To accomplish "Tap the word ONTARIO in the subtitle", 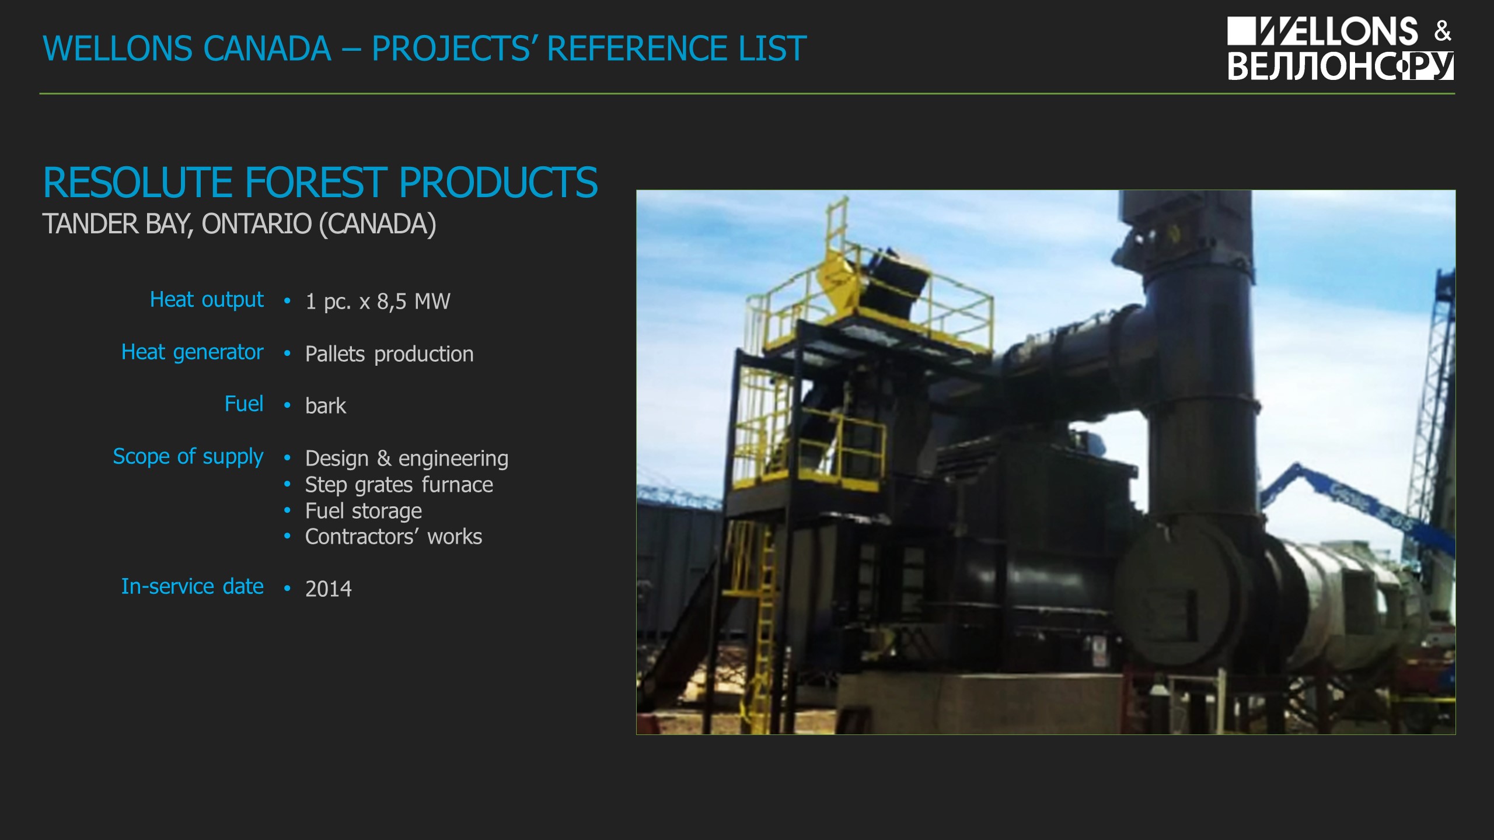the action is [x=257, y=224].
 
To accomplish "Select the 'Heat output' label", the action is [x=207, y=300].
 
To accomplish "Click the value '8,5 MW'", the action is [x=414, y=302].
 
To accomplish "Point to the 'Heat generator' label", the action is [x=193, y=353].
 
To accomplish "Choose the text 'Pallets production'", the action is [x=389, y=355].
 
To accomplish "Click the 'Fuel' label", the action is [x=244, y=404].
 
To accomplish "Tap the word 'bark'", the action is [x=326, y=406].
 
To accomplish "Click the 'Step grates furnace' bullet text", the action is [x=399, y=485].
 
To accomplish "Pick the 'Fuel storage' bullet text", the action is [x=364, y=512].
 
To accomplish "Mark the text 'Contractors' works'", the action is [x=394, y=537].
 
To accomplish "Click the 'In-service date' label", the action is [x=193, y=586].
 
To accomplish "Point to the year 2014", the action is [x=329, y=589].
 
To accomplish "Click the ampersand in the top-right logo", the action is [x=1443, y=31].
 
